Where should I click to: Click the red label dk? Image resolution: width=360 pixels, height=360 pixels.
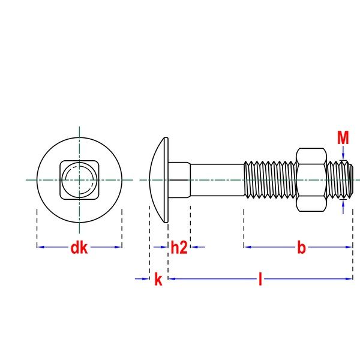tap(79, 247)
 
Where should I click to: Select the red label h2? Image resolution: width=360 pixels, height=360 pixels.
tap(179, 247)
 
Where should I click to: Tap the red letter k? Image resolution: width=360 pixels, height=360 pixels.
tap(158, 279)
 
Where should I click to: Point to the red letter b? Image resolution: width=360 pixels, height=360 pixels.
tap(301, 247)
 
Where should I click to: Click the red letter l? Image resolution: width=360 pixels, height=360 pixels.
tap(260, 279)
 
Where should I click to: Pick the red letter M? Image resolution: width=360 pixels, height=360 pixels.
tap(343, 139)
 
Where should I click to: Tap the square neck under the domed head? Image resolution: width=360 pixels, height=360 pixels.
tap(179, 179)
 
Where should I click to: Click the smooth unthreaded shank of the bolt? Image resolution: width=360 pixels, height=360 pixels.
tap(217, 179)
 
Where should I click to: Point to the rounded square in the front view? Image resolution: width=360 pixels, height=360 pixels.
tap(79, 179)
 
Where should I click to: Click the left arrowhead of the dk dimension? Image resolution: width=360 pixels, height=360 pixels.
tap(40, 247)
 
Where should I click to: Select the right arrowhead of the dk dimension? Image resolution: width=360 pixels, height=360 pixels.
tap(119, 247)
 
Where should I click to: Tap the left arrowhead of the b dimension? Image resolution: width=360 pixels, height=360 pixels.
tap(247, 247)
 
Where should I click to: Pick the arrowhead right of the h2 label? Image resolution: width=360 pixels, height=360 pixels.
tap(193, 247)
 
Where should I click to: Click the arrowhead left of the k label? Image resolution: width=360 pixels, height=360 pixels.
tap(146, 278)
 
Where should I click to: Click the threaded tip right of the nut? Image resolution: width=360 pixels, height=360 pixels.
tap(340, 179)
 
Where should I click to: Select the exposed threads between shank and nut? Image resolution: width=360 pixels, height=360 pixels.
tap(270, 179)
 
